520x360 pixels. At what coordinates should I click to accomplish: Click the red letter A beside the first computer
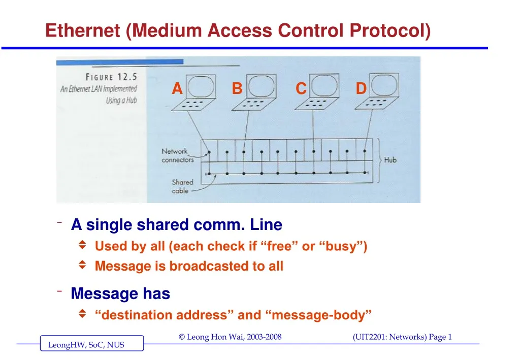coord(177,89)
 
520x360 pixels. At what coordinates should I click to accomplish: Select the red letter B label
coord(237,89)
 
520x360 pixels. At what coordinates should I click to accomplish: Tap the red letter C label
coord(301,89)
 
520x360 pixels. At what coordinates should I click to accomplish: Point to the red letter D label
coord(361,89)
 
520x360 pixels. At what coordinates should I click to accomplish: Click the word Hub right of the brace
coord(390,160)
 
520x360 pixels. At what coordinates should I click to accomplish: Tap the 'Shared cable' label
coord(182,186)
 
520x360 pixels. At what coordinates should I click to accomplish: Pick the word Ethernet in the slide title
coord(83,31)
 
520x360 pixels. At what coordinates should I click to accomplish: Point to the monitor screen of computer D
coord(384,85)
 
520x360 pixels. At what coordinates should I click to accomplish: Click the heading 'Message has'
coord(120,293)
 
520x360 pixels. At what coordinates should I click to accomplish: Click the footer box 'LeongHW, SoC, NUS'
coord(86,345)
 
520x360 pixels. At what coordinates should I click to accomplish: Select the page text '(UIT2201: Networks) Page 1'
coord(401,337)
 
